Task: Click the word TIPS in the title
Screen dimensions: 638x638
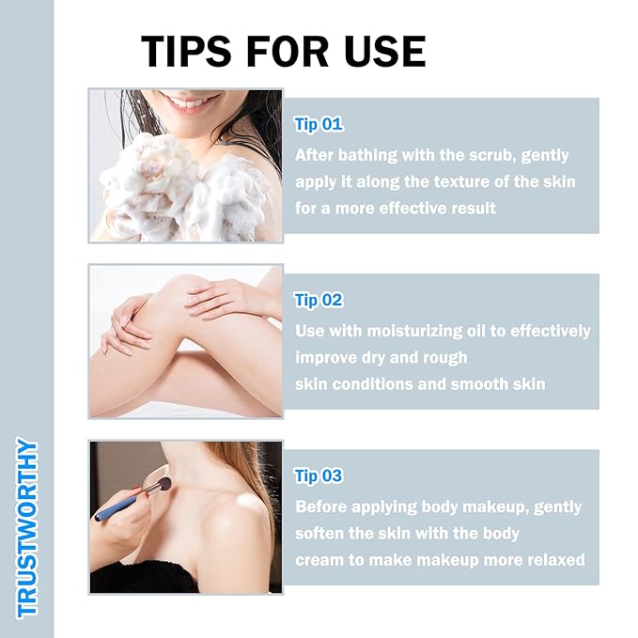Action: [x=186, y=52]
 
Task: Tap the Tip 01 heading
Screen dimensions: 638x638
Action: [x=319, y=124]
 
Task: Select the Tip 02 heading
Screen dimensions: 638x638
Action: [x=319, y=301]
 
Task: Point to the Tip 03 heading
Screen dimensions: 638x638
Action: [x=319, y=476]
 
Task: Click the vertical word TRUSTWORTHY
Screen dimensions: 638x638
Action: [x=27, y=528]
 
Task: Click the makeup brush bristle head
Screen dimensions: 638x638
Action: [x=164, y=485]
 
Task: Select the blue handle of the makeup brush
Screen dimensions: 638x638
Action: [x=117, y=507]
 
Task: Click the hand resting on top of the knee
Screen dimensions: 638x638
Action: [x=227, y=299]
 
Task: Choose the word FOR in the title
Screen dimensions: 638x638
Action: [x=288, y=52]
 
